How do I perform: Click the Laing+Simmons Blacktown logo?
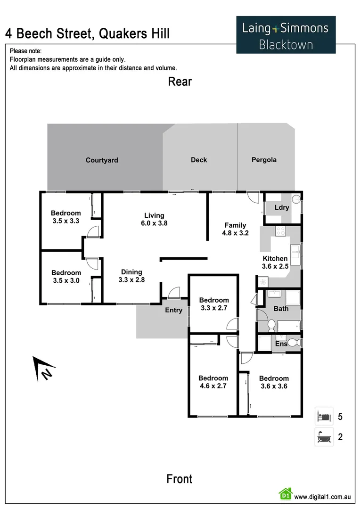point(286,34)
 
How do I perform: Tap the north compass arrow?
point(42,368)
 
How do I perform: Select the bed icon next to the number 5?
point(324,416)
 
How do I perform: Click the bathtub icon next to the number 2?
point(324,437)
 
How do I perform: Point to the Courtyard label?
point(102,160)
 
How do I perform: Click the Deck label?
point(199,160)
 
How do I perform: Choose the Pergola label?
point(264,160)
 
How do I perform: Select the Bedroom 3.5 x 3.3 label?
point(65,217)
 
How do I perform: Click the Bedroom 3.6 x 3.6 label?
point(274,382)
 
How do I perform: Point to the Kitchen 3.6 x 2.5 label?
point(275,263)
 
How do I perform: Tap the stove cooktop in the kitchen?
point(280,231)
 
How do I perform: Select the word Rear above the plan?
point(180,82)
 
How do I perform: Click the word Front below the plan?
point(180,479)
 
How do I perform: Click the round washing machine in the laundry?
point(296,198)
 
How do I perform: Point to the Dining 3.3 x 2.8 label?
point(131,276)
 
